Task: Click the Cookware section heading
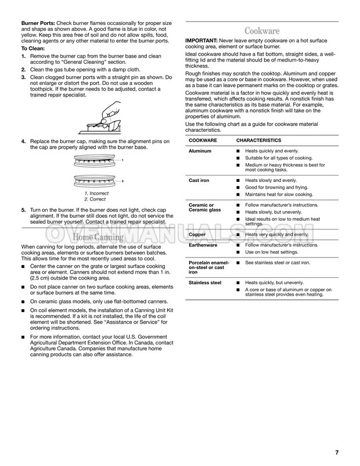(x=262, y=30)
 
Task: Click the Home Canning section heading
(x=98, y=237)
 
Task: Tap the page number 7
(x=337, y=453)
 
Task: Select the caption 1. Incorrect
(x=96, y=193)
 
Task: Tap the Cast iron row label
(x=199, y=181)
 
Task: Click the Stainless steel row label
(x=205, y=282)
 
